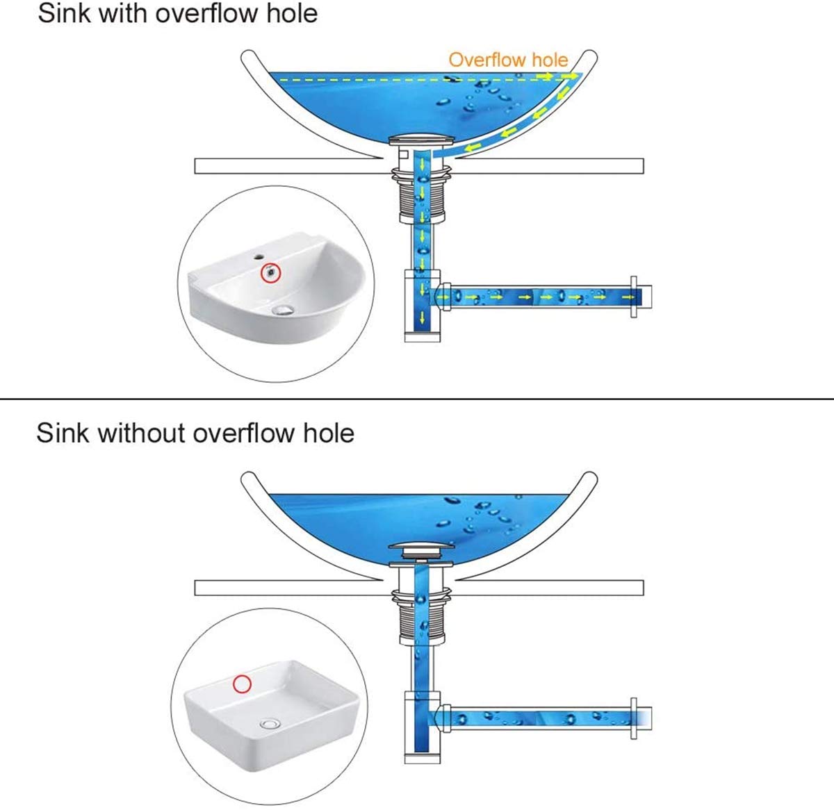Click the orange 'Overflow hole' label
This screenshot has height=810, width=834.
click(508, 60)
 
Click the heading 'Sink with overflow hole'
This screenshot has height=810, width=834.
click(177, 14)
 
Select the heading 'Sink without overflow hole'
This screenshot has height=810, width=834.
click(195, 433)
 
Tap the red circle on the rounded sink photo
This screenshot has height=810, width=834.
click(270, 273)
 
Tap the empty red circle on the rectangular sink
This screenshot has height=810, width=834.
click(241, 684)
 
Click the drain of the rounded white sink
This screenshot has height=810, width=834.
click(284, 311)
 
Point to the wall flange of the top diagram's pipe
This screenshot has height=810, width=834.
click(634, 297)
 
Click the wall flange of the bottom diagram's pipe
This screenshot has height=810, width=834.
click(634, 717)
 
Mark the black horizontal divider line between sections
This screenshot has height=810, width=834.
click(417, 399)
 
